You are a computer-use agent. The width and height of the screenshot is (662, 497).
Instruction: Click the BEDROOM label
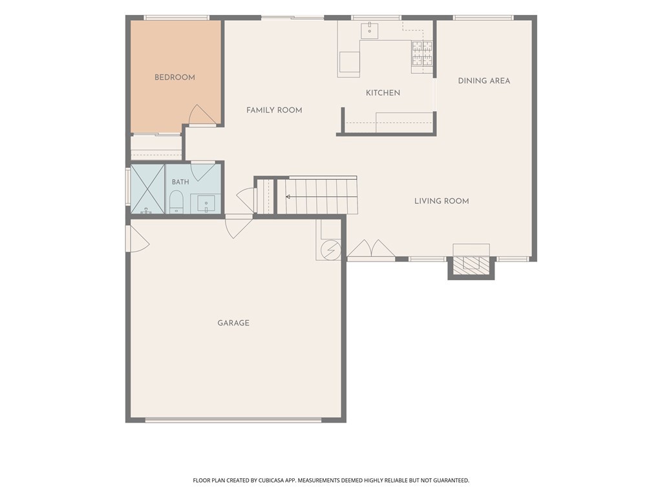(x=175, y=78)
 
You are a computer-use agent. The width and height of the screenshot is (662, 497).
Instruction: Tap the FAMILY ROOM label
(x=274, y=110)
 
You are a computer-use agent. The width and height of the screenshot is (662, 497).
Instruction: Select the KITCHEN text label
(x=383, y=93)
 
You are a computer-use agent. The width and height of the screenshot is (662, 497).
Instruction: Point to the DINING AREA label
(x=484, y=81)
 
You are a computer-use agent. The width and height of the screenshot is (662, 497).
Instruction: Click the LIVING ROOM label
(x=442, y=201)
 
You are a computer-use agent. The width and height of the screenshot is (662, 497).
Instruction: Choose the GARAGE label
(x=233, y=323)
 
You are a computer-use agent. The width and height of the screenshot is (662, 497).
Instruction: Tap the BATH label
(x=180, y=182)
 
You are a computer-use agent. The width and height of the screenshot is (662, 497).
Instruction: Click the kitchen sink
(x=369, y=31)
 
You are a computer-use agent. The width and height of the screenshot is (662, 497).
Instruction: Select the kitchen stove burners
(x=422, y=53)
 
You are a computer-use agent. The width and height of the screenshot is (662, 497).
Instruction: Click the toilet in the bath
(x=176, y=202)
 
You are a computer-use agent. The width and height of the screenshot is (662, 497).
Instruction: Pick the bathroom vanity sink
(x=206, y=204)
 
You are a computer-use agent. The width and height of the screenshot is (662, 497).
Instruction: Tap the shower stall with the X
(x=147, y=189)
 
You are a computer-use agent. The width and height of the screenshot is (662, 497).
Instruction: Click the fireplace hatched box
(x=471, y=263)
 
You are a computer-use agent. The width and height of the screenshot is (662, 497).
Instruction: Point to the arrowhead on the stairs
(x=288, y=197)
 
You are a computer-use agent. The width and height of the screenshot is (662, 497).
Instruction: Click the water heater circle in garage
(x=330, y=250)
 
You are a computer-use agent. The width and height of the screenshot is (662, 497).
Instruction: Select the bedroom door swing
(x=202, y=115)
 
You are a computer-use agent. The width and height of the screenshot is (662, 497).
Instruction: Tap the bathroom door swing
(x=203, y=171)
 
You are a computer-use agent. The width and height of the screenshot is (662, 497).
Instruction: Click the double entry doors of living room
(x=371, y=248)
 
